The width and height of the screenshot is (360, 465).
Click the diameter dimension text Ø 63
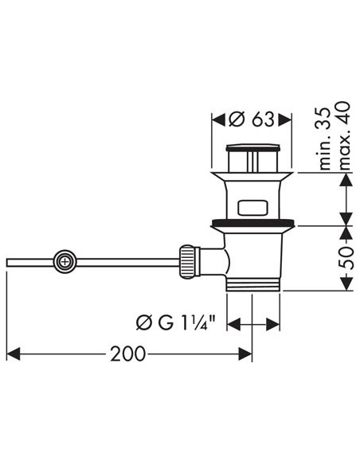click(251, 119)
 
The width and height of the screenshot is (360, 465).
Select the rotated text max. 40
click(344, 139)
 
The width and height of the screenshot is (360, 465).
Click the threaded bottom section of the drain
click(252, 283)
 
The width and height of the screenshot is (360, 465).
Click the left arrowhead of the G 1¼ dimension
click(233, 323)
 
